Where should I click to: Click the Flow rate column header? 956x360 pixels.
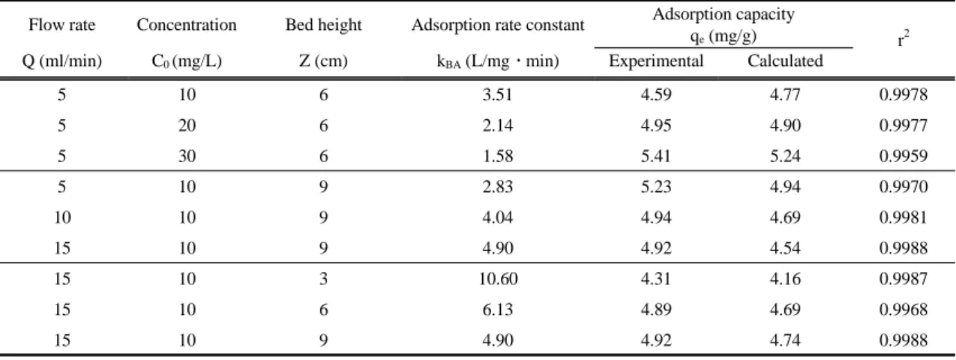pyautogui.click(x=62, y=25)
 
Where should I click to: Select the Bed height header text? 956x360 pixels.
pyautogui.click(x=323, y=25)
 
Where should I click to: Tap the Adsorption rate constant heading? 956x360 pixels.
pyautogui.click(x=498, y=25)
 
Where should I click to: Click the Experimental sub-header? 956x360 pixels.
pyautogui.click(x=656, y=61)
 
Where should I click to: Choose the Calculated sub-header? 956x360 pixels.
pyautogui.click(x=785, y=61)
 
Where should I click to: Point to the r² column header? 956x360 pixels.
pyautogui.click(x=903, y=39)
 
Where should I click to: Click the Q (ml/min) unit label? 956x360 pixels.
pyautogui.click(x=62, y=61)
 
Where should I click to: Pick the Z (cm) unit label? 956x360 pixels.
pyautogui.click(x=323, y=61)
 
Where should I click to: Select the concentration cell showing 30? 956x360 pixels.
pyautogui.click(x=187, y=156)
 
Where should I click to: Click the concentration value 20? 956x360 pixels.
pyautogui.click(x=187, y=125)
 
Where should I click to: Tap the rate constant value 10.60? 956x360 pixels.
pyautogui.click(x=498, y=279)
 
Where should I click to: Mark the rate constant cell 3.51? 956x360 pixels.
pyautogui.click(x=498, y=94)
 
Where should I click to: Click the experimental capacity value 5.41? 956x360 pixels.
pyautogui.click(x=656, y=156)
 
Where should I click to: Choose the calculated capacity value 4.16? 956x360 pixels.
pyautogui.click(x=785, y=279)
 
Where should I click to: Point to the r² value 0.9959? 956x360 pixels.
pyautogui.click(x=904, y=156)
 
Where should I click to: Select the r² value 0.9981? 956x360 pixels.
pyautogui.click(x=904, y=217)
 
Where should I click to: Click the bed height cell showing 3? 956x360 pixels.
pyautogui.click(x=323, y=279)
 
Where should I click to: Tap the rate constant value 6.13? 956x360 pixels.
pyautogui.click(x=498, y=310)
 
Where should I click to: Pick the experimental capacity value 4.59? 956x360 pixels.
pyautogui.click(x=656, y=94)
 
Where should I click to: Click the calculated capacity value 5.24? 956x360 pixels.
pyautogui.click(x=785, y=156)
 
